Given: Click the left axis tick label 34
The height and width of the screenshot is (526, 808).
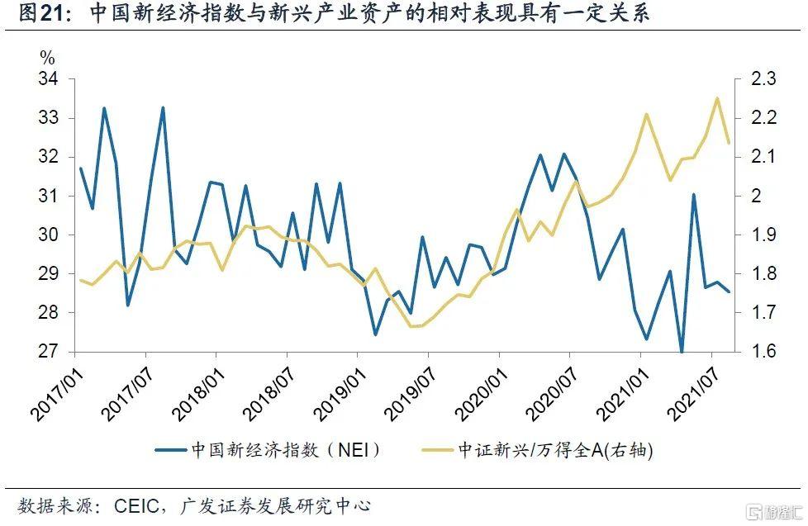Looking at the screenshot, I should coord(48,79).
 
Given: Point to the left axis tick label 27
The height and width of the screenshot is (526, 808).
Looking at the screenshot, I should coord(48,352).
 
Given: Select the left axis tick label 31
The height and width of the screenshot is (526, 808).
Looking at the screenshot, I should coord(48,196).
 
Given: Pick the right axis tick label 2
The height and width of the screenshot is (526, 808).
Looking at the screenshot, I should coord(755,196).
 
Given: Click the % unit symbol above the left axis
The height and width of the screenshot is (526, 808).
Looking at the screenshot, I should coord(47,58).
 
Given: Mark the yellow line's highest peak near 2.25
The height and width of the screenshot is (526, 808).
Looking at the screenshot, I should coord(717,98).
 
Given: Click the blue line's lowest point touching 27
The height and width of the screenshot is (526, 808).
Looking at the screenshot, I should coord(682,352).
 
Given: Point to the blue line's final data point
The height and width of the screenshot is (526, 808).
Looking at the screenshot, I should coord(729,291).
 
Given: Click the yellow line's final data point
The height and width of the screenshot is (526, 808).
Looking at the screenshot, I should coord(729,143).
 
